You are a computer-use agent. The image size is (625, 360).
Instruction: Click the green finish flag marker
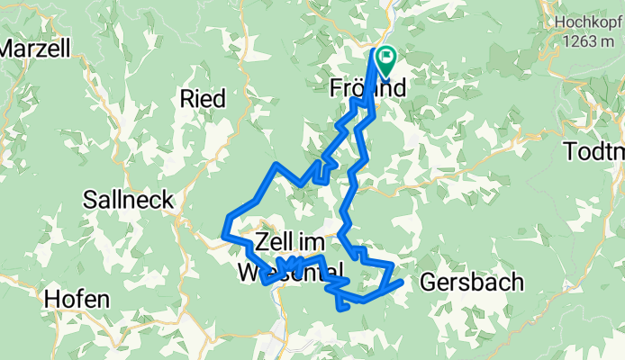(x=387, y=60)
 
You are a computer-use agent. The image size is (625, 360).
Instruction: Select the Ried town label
(x=203, y=98)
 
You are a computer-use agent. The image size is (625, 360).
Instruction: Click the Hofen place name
(x=77, y=299)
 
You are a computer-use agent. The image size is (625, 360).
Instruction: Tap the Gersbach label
(x=471, y=283)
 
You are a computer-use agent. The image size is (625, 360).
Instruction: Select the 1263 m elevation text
(x=590, y=41)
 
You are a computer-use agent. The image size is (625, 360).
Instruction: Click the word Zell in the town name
(x=274, y=240)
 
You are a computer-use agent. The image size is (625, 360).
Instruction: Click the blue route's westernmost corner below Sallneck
(x=223, y=236)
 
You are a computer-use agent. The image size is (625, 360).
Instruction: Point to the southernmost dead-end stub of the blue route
(x=341, y=309)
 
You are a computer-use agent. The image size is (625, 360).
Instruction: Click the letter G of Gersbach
(x=428, y=283)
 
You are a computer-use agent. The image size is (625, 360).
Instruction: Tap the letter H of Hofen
(x=51, y=299)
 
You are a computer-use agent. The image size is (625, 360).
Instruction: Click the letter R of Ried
(x=187, y=98)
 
